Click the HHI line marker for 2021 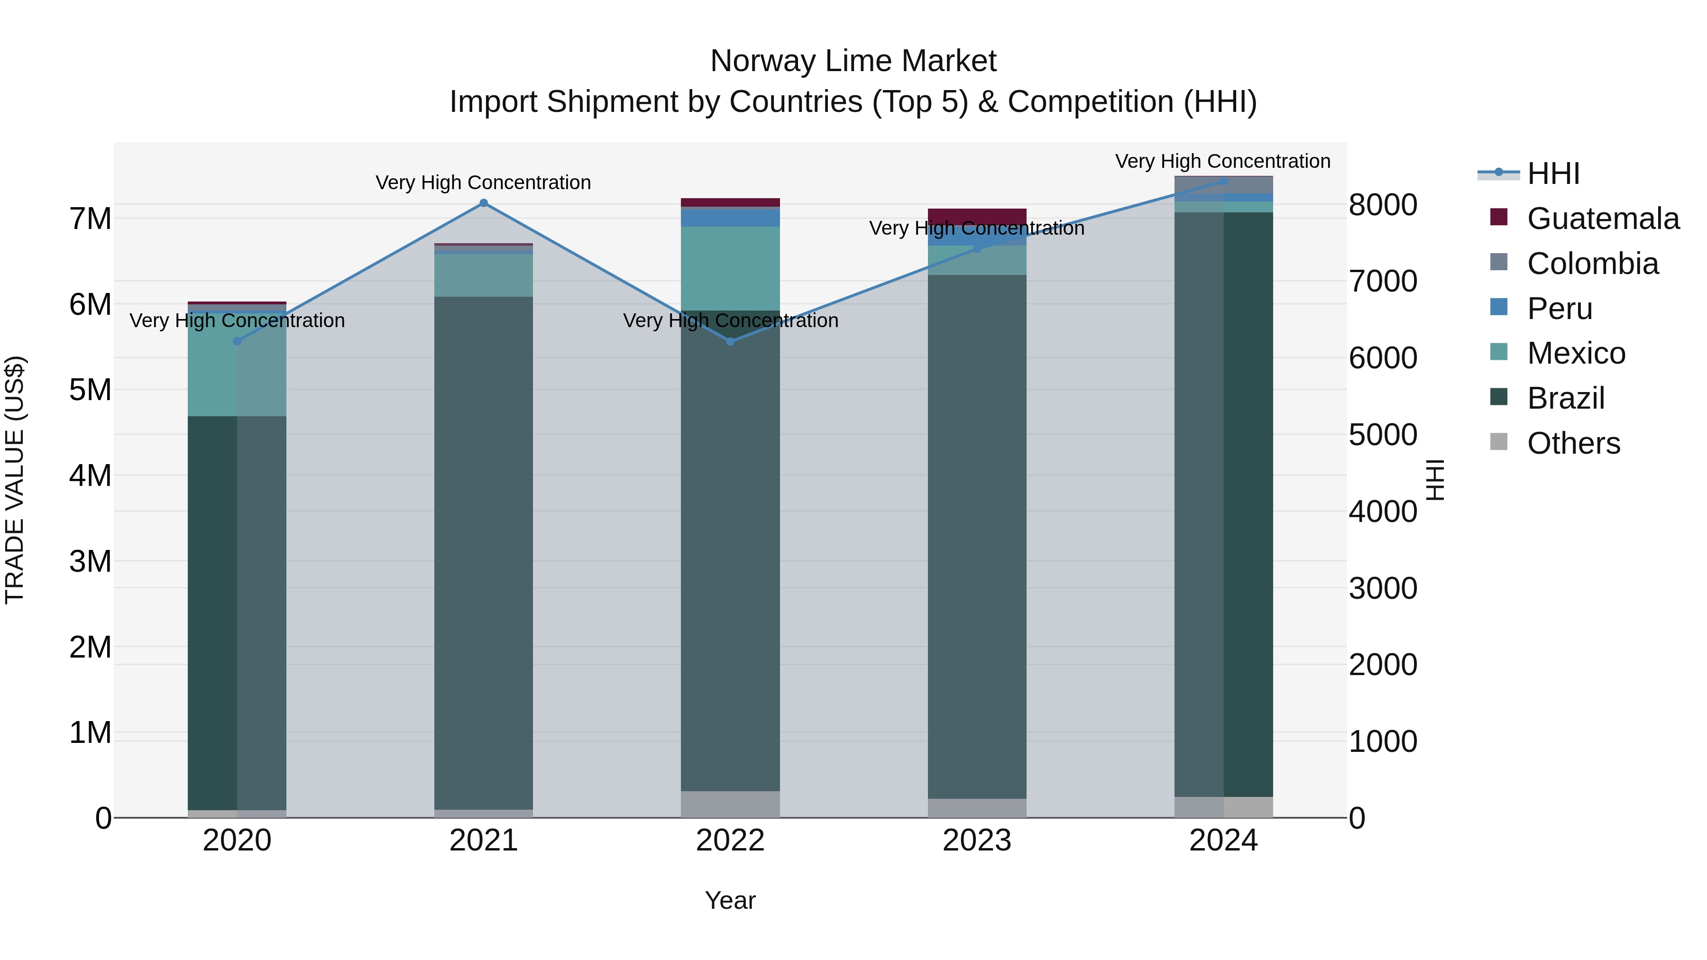[x=483, y=203]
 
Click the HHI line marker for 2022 [x=730, y=341]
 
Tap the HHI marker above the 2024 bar [x=1223, y=181]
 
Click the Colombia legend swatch [x=1498, y=262]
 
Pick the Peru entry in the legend [x=1559, y=309]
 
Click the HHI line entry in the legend [x=1552, y=174]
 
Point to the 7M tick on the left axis [x=91, y=219]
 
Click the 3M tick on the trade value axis [x=91, y=561]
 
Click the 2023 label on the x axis [x=977, y=841]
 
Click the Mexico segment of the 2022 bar [x=730, y=268]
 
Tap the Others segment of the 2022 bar [x=730, y=804]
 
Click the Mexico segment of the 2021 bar [x=483, y=275]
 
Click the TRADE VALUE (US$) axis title [x=15, y=480]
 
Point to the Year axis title [x=730, y=900]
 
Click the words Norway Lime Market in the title [x=853, y=61]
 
